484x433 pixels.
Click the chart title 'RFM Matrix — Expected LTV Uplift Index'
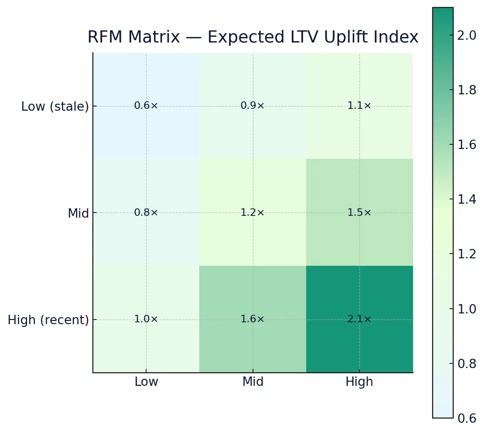coord(253,37)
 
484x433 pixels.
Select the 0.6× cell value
coord(146,106)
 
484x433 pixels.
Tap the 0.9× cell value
coord(253,106)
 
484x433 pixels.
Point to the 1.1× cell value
coord(359,106)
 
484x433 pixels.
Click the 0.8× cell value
coord(146,213)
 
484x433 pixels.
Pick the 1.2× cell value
coord(253,213)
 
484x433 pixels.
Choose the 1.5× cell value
coord(359,213)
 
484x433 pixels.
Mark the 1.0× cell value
coord(146,319)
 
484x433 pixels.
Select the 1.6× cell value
coord(253,319)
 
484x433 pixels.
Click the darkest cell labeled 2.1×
coord(359,319)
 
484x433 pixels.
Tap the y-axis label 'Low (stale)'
coord(55,107)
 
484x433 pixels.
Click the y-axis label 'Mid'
coord(78,214)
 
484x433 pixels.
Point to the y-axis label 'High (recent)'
coord(48,320)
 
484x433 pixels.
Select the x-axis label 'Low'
coord(146,382)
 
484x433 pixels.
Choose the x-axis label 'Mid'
coord(253,382)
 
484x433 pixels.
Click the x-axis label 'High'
coord(359,382)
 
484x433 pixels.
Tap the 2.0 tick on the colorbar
coord(467,35)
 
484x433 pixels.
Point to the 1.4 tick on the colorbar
coord(467,199)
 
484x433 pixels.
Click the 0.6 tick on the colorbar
coord(467,418)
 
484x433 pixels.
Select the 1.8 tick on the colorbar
coord(467,90)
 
